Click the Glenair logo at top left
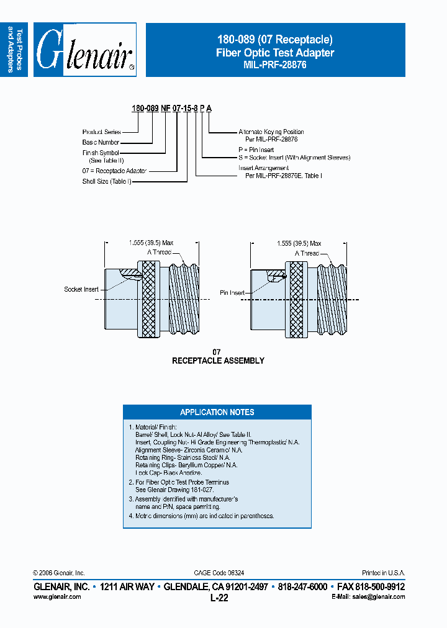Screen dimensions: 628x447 pyautogui.click(x=84, y=50)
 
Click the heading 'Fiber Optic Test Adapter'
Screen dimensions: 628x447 pyautogui.click(x=275, y=53)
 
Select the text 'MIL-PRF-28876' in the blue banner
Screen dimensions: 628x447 pyautogui.click(x=275, y=65)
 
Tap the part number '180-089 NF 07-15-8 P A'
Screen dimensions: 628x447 pyautogui.click(x=171, y=108)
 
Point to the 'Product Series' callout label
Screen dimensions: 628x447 pyautogui.click(x=101, y=132)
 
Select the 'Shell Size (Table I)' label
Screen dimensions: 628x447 pyautogui.click(x=107, y=182)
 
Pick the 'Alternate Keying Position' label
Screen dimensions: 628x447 pyautogui.click(x=271, y=132)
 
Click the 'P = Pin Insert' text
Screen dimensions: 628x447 pyautogui.click(x=256, y=150)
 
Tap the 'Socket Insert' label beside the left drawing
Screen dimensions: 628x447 pyautogui.click(x=81, y=289)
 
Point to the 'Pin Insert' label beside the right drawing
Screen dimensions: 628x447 pyautogui.click(x=233, y=292)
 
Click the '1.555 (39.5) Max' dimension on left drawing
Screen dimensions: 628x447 pyautogui.click(x=151, y=244)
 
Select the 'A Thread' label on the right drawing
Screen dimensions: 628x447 pyautogui.click(x=307, y=253)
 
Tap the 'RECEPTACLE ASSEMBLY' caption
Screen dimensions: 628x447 pyautogui.click(x=218, y=361)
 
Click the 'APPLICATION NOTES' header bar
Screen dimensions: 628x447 pyautogui.click(x=217, y=412)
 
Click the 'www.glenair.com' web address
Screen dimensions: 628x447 pyautogui.click(x=56, y=596)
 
